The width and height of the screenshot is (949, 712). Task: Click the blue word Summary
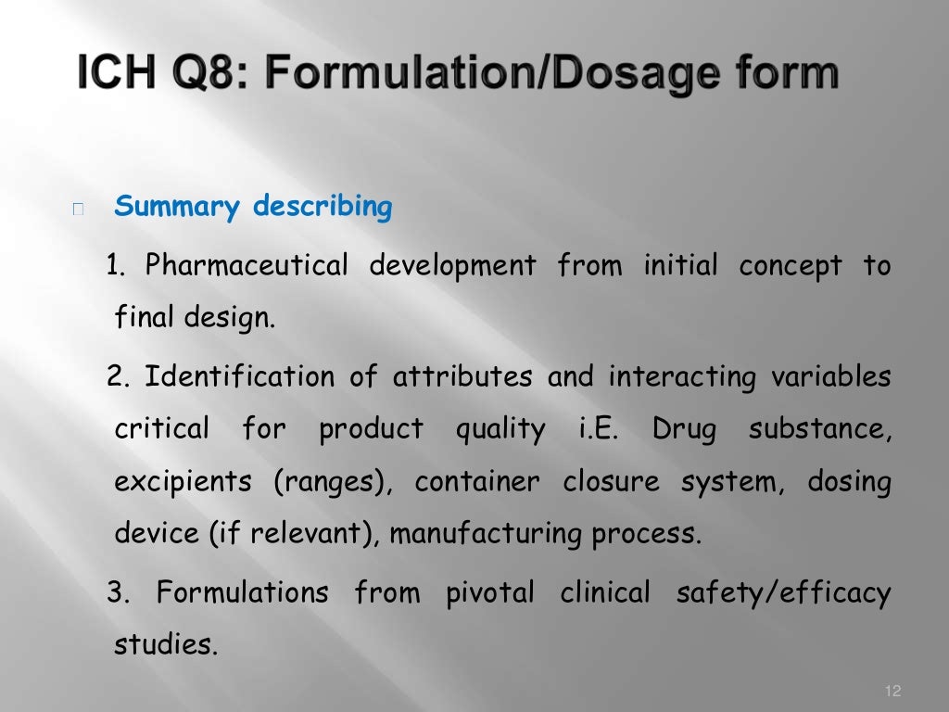point(176,207)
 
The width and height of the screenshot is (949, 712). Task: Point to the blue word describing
point(323,207)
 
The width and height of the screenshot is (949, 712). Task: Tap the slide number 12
point(893,691)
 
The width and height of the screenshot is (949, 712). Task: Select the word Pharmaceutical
point(247,267)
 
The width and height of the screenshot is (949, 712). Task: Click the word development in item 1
point(452,267)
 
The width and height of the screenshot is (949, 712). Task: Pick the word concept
point(790,267)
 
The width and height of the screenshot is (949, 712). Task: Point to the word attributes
point(462,377)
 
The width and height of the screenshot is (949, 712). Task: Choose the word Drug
point(684,430)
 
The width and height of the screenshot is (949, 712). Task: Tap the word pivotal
point(490,592)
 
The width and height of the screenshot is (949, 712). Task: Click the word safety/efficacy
point(783,592)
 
